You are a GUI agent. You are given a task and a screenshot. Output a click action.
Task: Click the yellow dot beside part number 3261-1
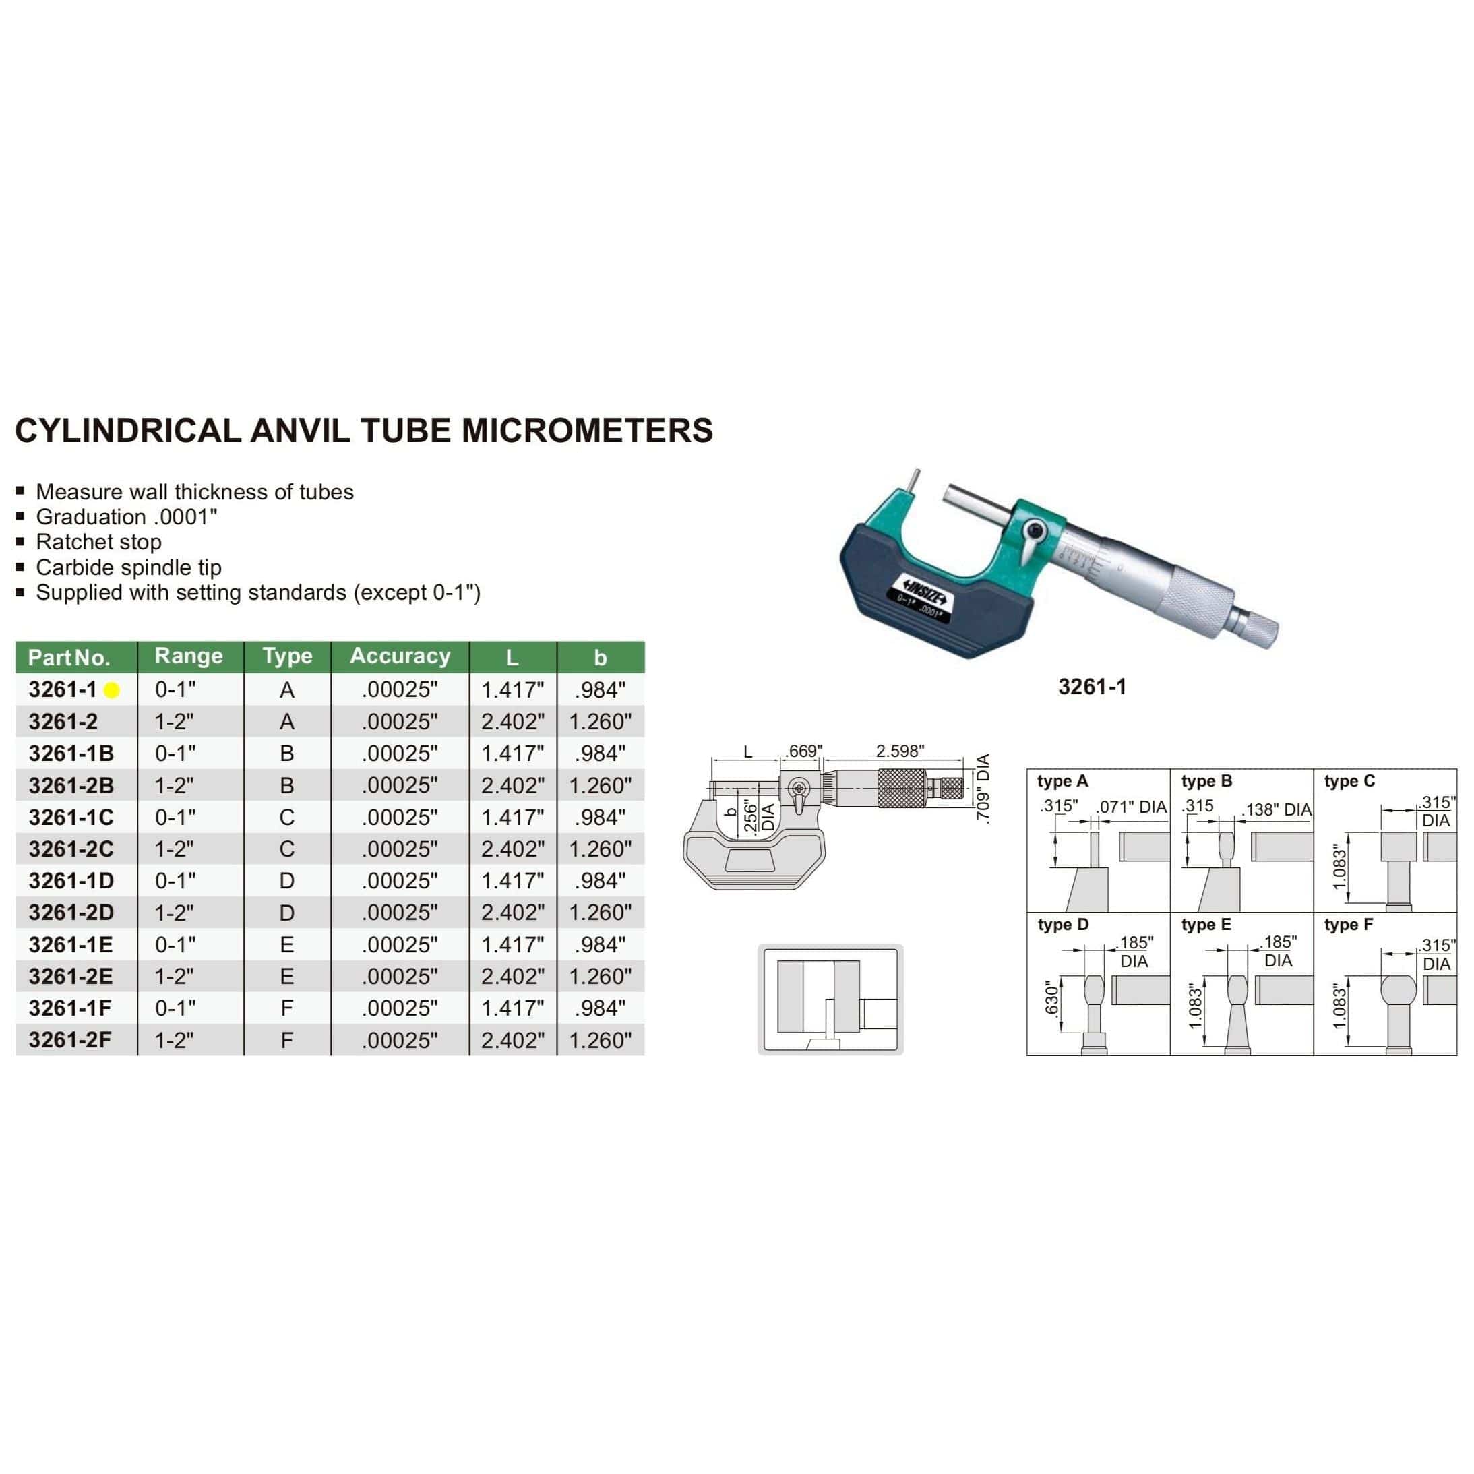111,690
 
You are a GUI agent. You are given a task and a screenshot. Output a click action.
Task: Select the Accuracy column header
400,656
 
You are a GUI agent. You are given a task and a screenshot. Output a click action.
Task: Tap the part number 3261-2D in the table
71,913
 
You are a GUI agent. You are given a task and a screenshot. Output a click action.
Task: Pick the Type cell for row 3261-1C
287,817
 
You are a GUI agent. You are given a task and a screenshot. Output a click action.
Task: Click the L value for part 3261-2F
512,1040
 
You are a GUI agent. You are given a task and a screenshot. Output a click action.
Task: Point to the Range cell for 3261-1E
175,944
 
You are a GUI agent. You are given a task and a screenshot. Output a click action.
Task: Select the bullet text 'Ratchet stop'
98,542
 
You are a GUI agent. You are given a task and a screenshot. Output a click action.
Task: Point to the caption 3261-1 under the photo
1092,687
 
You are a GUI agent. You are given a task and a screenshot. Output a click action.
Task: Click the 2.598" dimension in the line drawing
900,751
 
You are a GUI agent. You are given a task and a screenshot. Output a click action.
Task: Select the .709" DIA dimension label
983,789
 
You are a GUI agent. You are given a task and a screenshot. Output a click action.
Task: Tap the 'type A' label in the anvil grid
1062,781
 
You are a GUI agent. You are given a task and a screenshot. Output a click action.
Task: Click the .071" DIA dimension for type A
1132,807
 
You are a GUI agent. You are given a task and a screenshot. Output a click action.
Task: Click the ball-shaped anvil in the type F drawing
1398,990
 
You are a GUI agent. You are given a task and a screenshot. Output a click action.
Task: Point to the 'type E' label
1206,925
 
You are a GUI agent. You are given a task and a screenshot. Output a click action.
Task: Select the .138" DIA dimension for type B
1278,809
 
